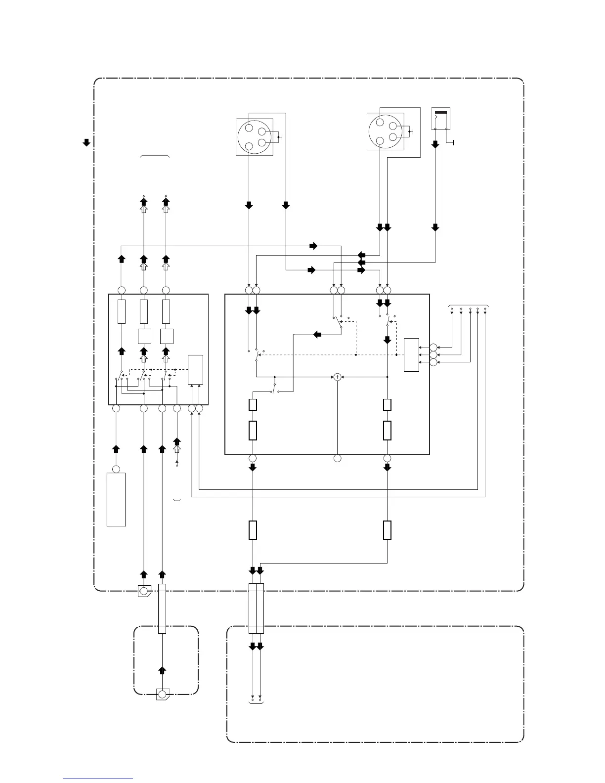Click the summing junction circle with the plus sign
pyautogui.click(x=338, y=377)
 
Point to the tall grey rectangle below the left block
pyautogui.click(x=116, y=499)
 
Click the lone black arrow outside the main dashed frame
pyautogui.click(x=86, y=143)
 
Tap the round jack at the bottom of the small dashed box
pyautogui.click(x=162, y=695)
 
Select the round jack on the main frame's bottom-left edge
pyautogui.click(x=144, y=591)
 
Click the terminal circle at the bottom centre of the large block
pyautogui.click(x=338, y=458)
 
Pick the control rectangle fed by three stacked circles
pyautogui.click(x=411, y=355)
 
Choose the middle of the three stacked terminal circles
pyautogui.click(x=433, y=355)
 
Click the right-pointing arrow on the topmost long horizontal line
pyautogui.click(x=313, y=246)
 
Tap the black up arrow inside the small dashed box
pyautogui.click(x=162, y=670)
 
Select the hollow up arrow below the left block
pyautogui.click(x=177, y=449)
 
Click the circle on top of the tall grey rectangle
pyautogui.click(x=116, y=469)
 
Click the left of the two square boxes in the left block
pyautogui.click(x=144, y=336)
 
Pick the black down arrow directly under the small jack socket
pyautogui.click(x=435, y=144)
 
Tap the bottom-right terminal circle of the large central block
pyautogui.click(x=388, y=458)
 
